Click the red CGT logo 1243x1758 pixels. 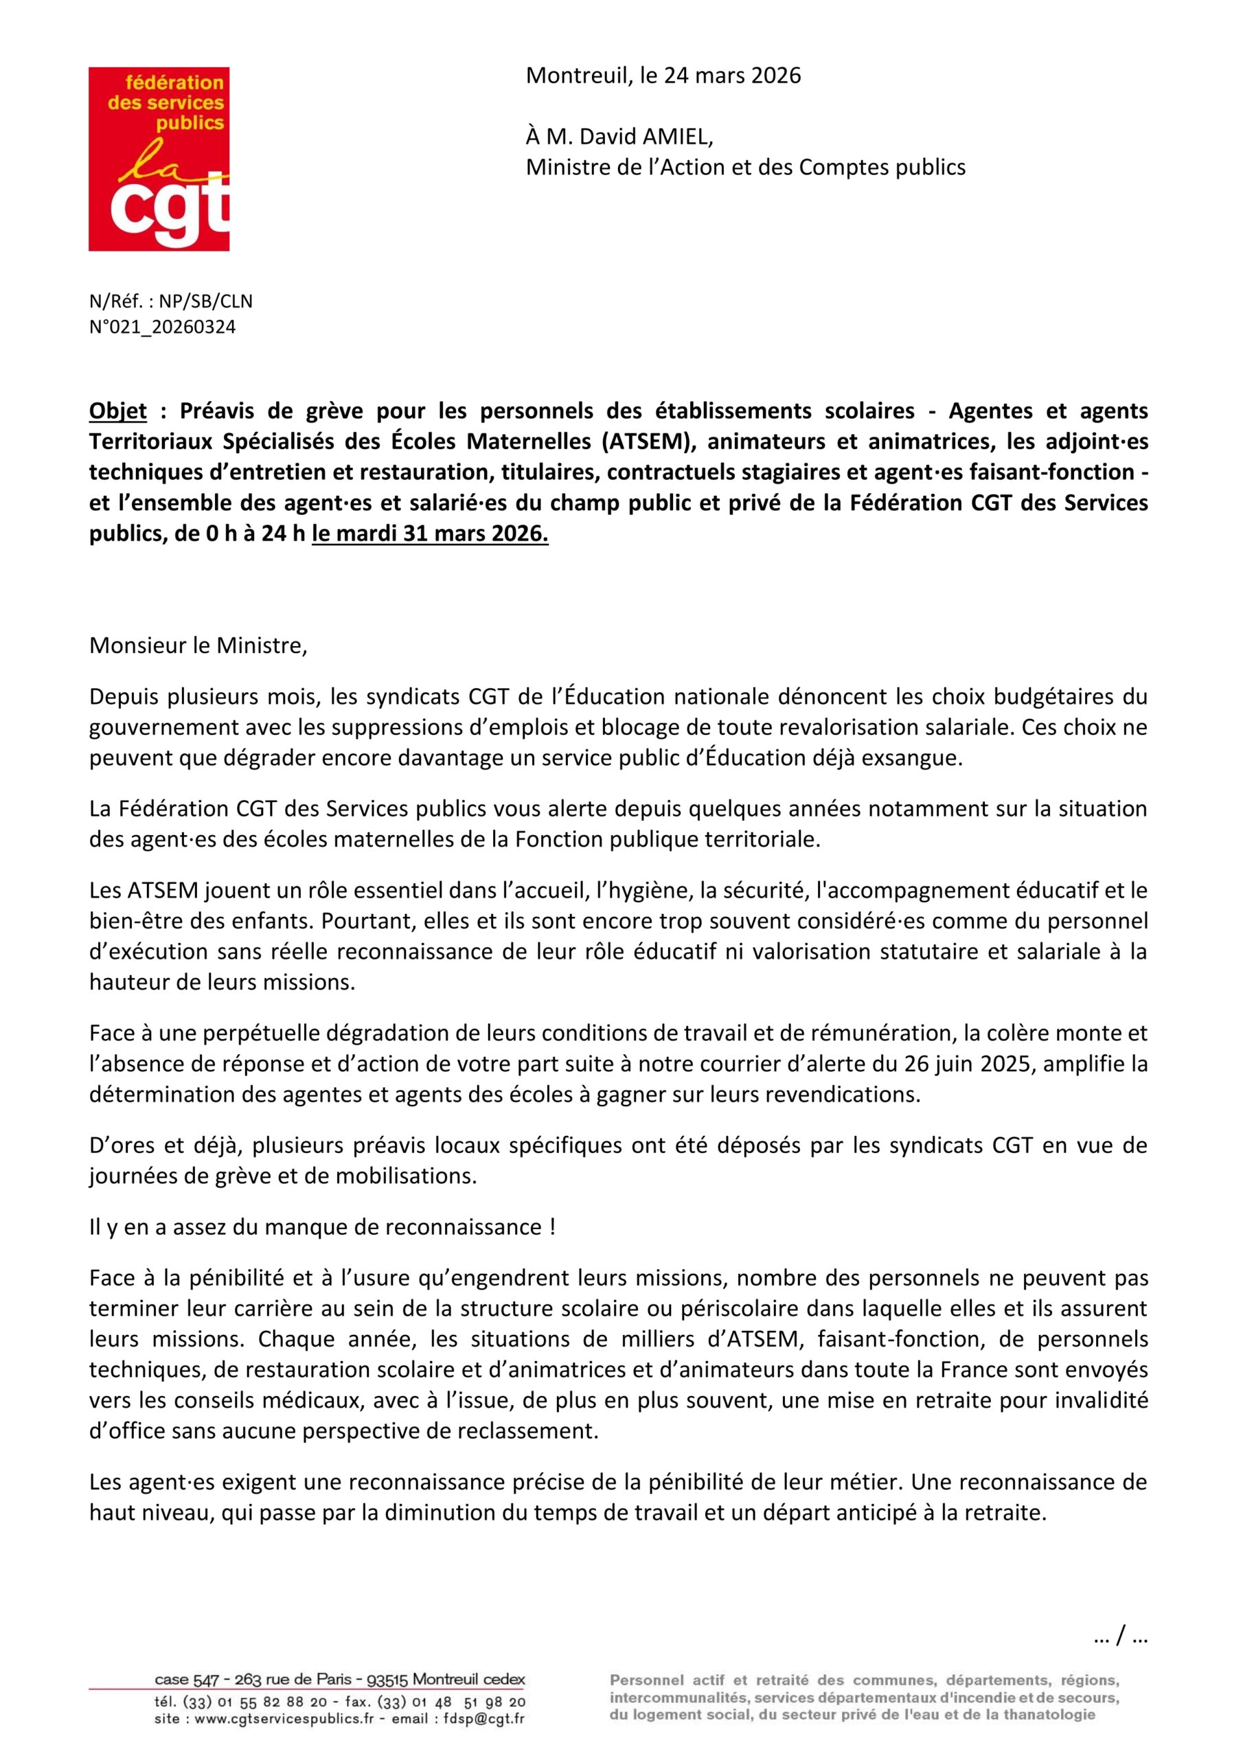coord(159,159)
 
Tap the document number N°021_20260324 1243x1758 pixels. coord(162,327)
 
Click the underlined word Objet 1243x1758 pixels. coord(117,411)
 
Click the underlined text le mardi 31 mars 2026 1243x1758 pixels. coord(430,534)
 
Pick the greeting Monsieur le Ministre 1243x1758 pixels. coord(198,646)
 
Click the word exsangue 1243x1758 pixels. coord(911,758)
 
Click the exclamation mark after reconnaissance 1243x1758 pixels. coord(552,1227)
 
